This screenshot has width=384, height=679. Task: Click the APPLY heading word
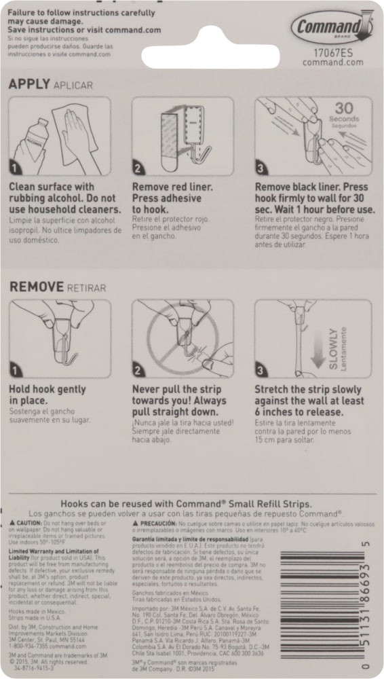click(29, 85)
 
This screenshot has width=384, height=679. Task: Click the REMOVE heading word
click(36, 287)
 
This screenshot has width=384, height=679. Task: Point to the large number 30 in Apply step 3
click(344, 108)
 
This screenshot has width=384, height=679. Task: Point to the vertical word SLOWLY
click(333, 348)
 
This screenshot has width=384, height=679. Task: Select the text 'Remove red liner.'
click(172, 187)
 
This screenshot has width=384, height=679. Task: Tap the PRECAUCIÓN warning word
click(155, 525)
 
